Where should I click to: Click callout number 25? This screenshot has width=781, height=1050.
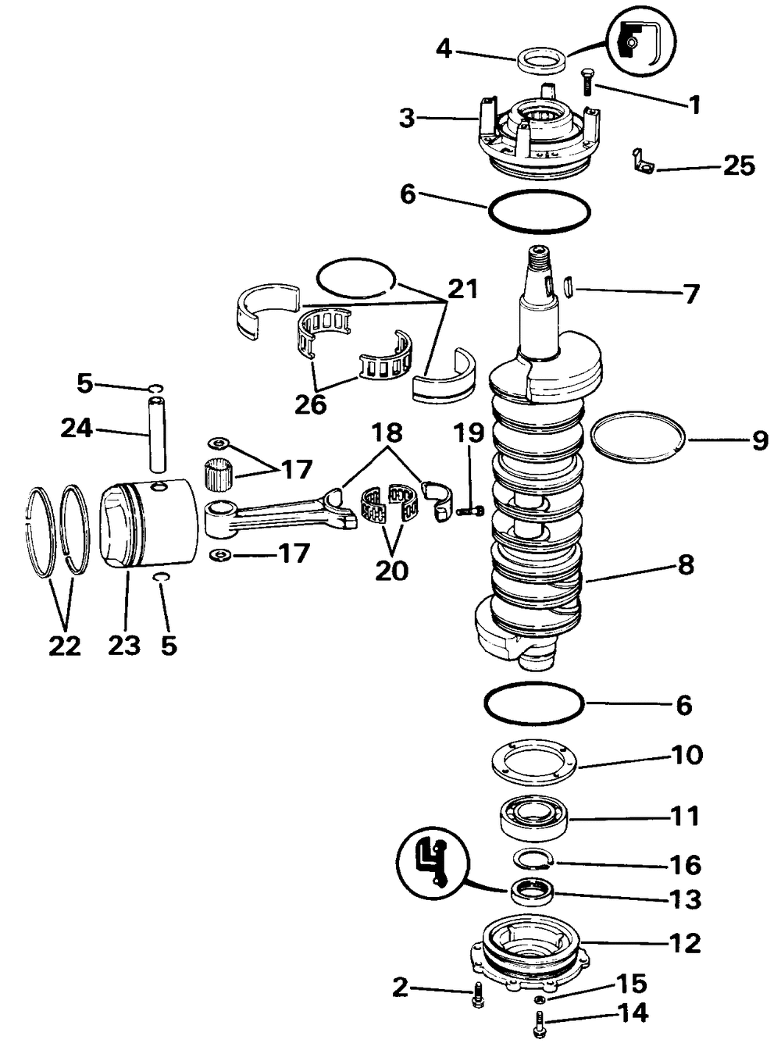click(x=738, y=166)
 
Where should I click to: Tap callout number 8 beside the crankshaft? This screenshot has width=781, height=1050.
click(x=685, y=564)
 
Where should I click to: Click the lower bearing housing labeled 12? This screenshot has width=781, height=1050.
click(x=531, y=950)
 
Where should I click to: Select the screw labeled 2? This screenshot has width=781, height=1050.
click(x=476, y=996)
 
